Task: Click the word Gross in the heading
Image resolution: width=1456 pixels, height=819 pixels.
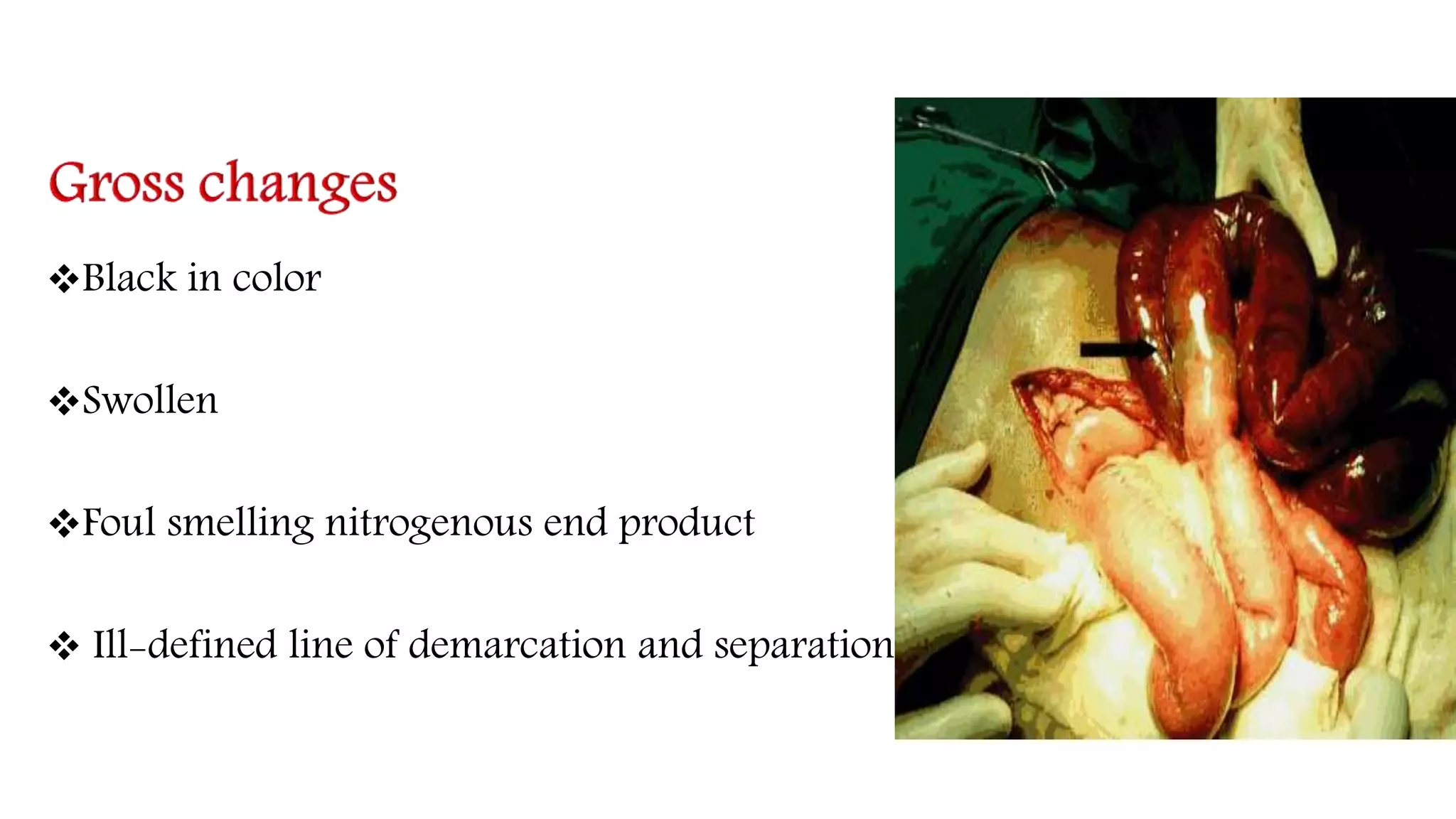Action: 117,183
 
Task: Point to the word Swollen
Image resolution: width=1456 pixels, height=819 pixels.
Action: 150,400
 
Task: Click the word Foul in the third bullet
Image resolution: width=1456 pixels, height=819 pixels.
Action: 119,523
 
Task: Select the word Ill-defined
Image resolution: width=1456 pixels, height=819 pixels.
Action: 184,645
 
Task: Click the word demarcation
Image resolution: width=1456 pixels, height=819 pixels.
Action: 518,645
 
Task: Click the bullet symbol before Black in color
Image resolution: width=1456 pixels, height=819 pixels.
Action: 63,279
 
